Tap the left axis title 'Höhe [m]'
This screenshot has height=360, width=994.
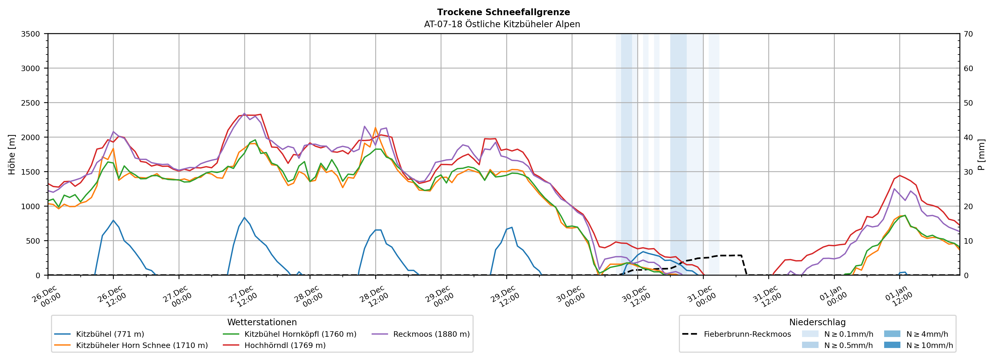click(12, 154)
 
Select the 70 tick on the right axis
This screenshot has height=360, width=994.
click(969, 34)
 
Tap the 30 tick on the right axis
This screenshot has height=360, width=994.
click(969, 172)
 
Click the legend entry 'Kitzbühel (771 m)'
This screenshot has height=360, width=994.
click(110, 334)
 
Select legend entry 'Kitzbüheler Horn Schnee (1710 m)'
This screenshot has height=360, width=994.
click(142, 345)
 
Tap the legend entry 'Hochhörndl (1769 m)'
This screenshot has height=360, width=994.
click(285, 345)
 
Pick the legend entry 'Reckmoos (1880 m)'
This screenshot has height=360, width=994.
click(431, 334)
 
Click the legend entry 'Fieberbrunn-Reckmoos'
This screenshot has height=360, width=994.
click(747, 334)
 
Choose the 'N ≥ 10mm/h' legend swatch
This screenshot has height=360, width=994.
click(892, 345)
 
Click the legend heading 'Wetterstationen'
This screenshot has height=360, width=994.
click(262, 322)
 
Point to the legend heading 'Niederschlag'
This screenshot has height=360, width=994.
click(817, 322)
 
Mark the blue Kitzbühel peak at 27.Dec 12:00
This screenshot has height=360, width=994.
click(244, 218)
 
